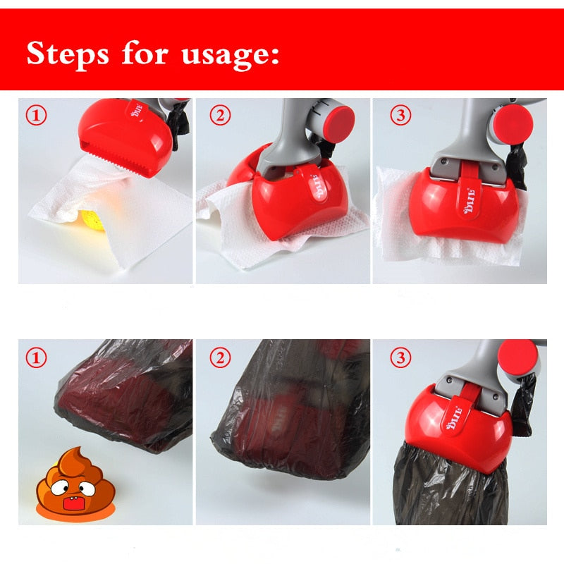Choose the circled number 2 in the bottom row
220,358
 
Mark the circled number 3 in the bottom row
400,358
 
